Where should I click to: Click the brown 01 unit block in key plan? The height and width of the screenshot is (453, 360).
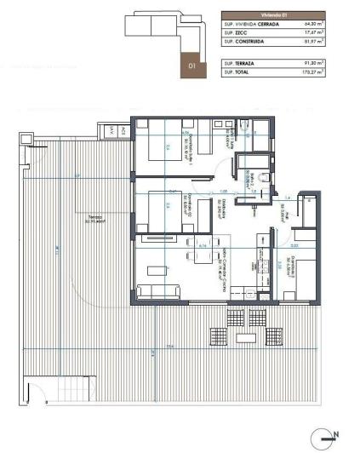pos(192,64)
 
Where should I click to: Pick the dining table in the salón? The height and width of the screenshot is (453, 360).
pos(157,271)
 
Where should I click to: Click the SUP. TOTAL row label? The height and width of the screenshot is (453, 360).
pos(237,72)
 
